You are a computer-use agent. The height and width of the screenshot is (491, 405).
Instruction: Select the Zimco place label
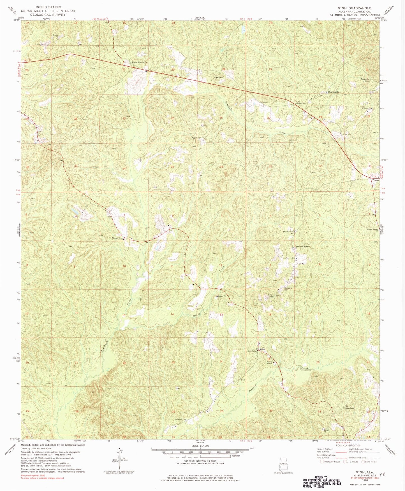375,181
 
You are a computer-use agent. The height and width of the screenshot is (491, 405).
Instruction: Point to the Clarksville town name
334,92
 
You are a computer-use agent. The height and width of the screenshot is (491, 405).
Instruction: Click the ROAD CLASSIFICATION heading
348,445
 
